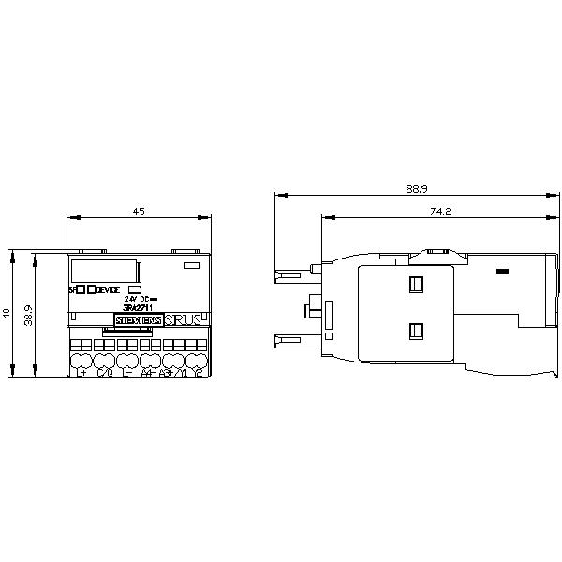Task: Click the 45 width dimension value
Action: click(139, 212)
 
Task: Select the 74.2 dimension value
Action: click(441, 212)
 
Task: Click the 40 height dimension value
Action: click(7, 313)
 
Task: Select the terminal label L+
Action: click(81, 373)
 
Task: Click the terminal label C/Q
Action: click(104, 373)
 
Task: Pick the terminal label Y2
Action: click(198, 373)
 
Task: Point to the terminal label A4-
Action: click(147, 373)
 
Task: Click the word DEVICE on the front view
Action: click(110, 289)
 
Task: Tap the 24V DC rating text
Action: click(138, 299)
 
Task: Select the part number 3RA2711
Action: click(138, 307)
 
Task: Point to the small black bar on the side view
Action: click(503, 272)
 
